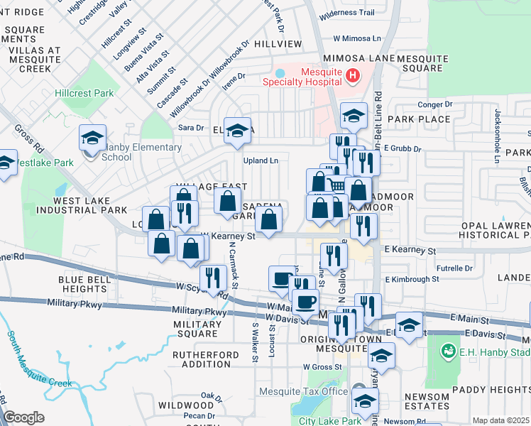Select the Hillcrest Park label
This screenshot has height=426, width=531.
click(84, 93)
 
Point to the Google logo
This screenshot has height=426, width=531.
click(23, 417)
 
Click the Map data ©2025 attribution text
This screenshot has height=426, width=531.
click(500, 420)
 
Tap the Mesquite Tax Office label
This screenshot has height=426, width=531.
click(303, 391)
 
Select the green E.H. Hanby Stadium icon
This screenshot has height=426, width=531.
click(449, 350)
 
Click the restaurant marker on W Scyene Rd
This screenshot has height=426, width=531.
click(213, 276)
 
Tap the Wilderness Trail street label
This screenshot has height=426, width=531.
click(346, 13)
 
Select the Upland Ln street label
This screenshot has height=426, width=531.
click(261, 160)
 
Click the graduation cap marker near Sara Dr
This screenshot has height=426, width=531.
click(238, 129)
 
